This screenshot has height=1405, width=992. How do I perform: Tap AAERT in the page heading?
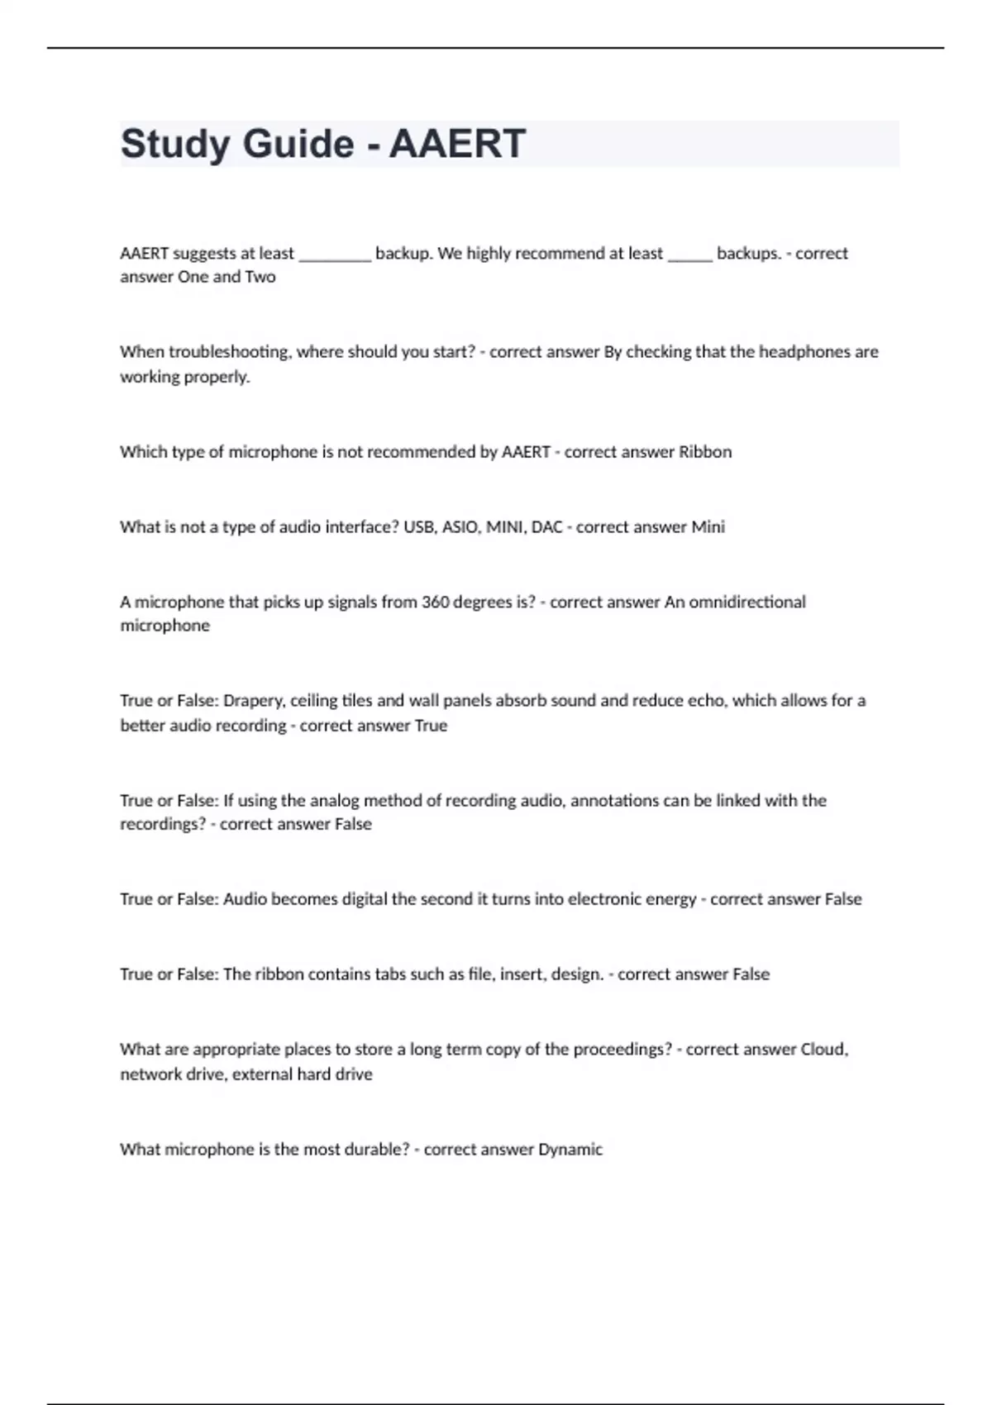[x=457, y=144]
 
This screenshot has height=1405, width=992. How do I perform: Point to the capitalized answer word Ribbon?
[x=705, y=452]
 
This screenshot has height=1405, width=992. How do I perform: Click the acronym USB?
[x=419, y=527]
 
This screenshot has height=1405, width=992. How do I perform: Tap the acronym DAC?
[x=546, y=527]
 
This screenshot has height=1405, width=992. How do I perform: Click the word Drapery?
[x=255, y=701]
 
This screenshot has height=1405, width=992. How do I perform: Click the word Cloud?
[x=824, y=1050]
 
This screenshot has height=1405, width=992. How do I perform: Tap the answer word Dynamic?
[x=570, y=1150]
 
